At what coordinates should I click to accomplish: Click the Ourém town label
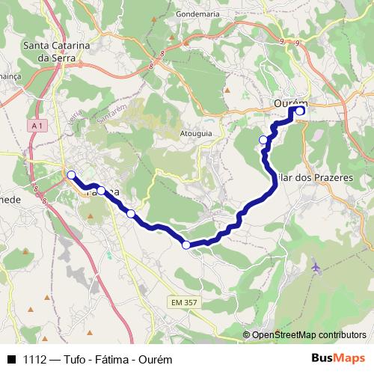292,104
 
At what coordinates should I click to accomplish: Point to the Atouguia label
194,134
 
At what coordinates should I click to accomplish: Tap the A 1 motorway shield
37,126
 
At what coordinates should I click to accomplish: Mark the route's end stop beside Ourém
300,111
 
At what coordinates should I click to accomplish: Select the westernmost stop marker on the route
72,175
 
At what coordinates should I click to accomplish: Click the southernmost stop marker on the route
186,244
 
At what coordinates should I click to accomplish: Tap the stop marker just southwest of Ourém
263,140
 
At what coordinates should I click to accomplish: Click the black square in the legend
10,358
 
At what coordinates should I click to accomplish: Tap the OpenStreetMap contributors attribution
308,334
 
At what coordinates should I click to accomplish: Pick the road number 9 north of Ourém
297,43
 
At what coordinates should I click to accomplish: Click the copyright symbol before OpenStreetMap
246,334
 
